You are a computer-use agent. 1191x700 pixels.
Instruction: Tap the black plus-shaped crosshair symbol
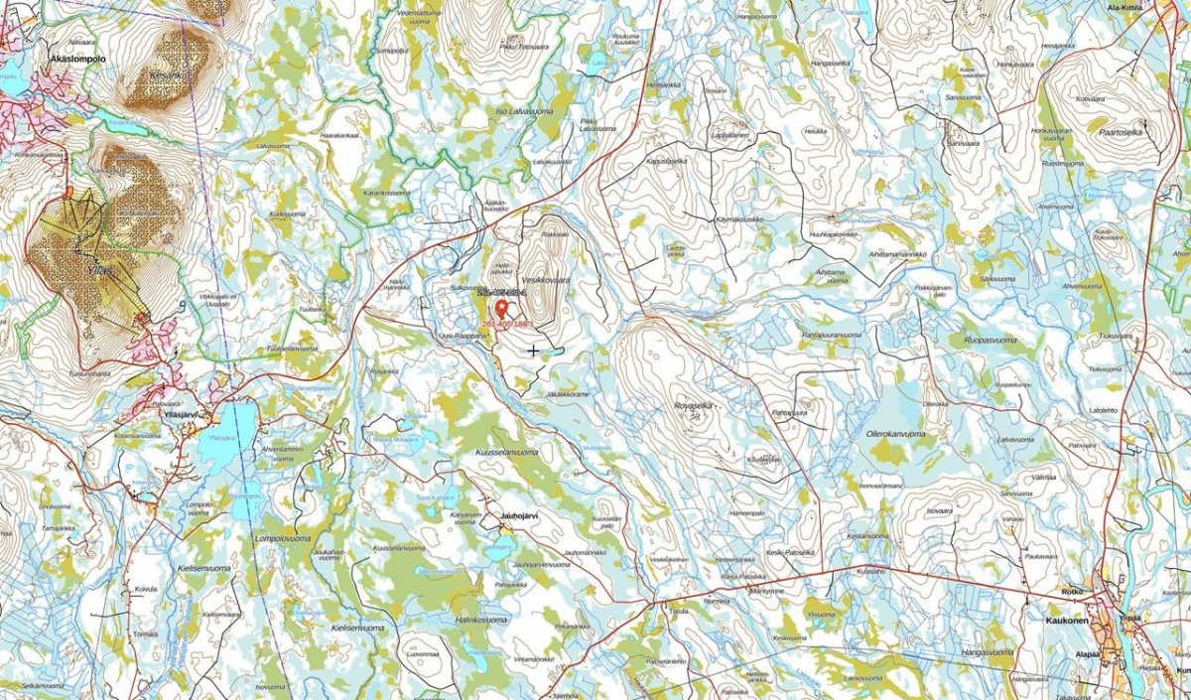tap(534, 350)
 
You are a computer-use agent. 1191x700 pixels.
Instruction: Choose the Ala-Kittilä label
tap(1125, 6)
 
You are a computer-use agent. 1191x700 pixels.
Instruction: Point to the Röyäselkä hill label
tap(693, 405)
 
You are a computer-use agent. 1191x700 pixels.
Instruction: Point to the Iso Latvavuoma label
tap(524, 112)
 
